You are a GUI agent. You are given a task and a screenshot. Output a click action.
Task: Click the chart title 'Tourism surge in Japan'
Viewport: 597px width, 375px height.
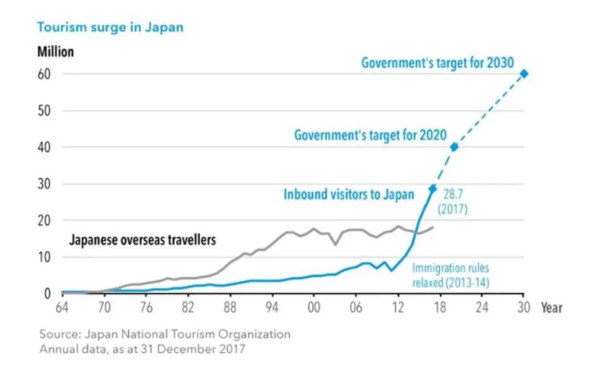coord(110,27)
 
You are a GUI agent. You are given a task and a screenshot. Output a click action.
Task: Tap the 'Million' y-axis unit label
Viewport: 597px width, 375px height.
coord(55,52)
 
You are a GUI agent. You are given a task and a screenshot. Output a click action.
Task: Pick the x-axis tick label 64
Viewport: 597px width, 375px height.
coord(62,307)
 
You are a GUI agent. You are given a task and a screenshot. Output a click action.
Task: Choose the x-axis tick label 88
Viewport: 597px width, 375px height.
coord(230,307)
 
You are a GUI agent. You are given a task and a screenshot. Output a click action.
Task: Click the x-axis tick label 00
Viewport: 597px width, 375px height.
coord(314,307)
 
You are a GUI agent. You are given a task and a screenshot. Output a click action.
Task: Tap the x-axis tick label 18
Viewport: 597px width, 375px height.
coord(439,307)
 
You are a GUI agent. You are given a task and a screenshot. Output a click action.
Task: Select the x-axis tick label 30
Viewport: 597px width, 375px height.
coord(523,307)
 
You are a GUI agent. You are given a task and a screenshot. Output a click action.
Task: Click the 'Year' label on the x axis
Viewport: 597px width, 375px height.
coord(551,307)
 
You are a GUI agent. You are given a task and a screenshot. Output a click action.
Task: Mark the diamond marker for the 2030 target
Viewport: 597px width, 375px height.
coord(523,73)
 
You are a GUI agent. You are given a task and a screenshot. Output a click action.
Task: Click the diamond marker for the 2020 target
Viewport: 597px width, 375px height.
coord(454,147)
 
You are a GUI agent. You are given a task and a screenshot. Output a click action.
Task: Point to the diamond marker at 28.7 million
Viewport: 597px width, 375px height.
coord(433,188)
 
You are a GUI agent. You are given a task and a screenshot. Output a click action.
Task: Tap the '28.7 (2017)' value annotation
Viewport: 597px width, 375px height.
coord(453,203)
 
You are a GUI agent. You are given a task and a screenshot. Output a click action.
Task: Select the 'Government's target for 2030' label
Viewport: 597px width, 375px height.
coord(438,62)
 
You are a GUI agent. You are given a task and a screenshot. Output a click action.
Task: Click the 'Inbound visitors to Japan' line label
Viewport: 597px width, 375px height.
coord(348,194)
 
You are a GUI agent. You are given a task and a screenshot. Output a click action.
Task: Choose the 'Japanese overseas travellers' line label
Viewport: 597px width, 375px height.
coord(142,240)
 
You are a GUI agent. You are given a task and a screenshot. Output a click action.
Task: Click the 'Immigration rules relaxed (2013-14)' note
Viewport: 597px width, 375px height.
coord(451,275)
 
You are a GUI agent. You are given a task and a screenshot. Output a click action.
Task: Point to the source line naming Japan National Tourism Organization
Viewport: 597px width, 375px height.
coord(165,335)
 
